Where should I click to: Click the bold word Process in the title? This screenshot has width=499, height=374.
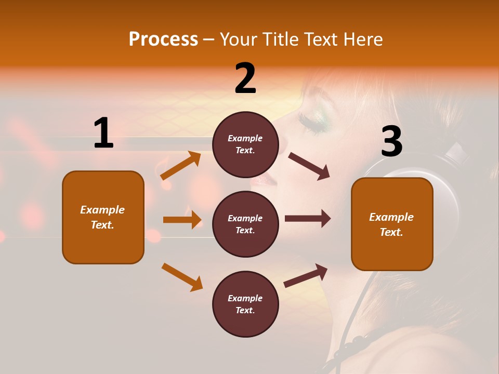(x=163, y=39)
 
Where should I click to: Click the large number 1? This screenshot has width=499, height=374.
(x=103, y=133)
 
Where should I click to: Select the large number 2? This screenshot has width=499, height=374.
(x=245, y=78)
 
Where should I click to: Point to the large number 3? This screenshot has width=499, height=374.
(x=391, y=142)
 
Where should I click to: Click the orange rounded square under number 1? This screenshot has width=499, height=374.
(x=103, y=217)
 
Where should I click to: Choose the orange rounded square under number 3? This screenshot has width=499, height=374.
(x=392, y=224)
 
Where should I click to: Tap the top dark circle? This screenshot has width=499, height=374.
(x=245, y=144)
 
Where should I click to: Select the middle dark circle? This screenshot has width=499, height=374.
(x=245, y=224)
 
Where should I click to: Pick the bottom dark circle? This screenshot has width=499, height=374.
(x=245, y=304)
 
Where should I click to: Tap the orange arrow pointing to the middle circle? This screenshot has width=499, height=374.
(x=182, y=220)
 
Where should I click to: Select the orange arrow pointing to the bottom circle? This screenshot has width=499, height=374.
(x=182, y=277)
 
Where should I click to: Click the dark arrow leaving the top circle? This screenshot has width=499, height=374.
(x=309, y=166)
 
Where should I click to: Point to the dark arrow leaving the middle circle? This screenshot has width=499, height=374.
(x=307, y=219)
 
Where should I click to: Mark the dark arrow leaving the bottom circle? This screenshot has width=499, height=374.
(x=306, y=275)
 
